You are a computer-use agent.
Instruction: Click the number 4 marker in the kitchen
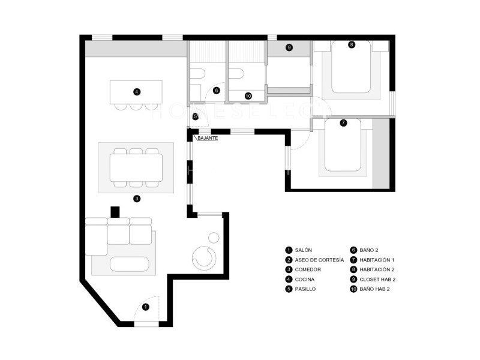point(137,92)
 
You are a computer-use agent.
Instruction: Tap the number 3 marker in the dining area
point(137,199)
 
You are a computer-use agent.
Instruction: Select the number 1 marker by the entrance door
point(146,307)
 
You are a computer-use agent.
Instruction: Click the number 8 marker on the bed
point(352,44)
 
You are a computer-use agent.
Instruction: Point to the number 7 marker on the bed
point(343,123)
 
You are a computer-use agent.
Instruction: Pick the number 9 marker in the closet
point(289,47)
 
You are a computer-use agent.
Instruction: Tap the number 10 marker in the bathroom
point(248,96)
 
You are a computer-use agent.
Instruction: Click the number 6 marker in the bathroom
point(217,91)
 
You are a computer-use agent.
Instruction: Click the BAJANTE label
point(208,138)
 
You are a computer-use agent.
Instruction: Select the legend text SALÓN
point(304,250)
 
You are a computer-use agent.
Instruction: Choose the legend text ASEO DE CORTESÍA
point(319,260)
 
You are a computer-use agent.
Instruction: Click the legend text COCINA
point(305,280)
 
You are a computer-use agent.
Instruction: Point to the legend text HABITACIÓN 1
point(377,260)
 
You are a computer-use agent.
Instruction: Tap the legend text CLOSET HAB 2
point(377,280)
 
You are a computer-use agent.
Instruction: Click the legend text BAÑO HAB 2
point(374,289)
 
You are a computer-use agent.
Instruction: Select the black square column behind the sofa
point(115,212)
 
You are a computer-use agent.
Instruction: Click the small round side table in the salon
point(214,237)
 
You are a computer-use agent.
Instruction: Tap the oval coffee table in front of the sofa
point(130,264)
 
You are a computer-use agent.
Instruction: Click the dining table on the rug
point(136,168)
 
